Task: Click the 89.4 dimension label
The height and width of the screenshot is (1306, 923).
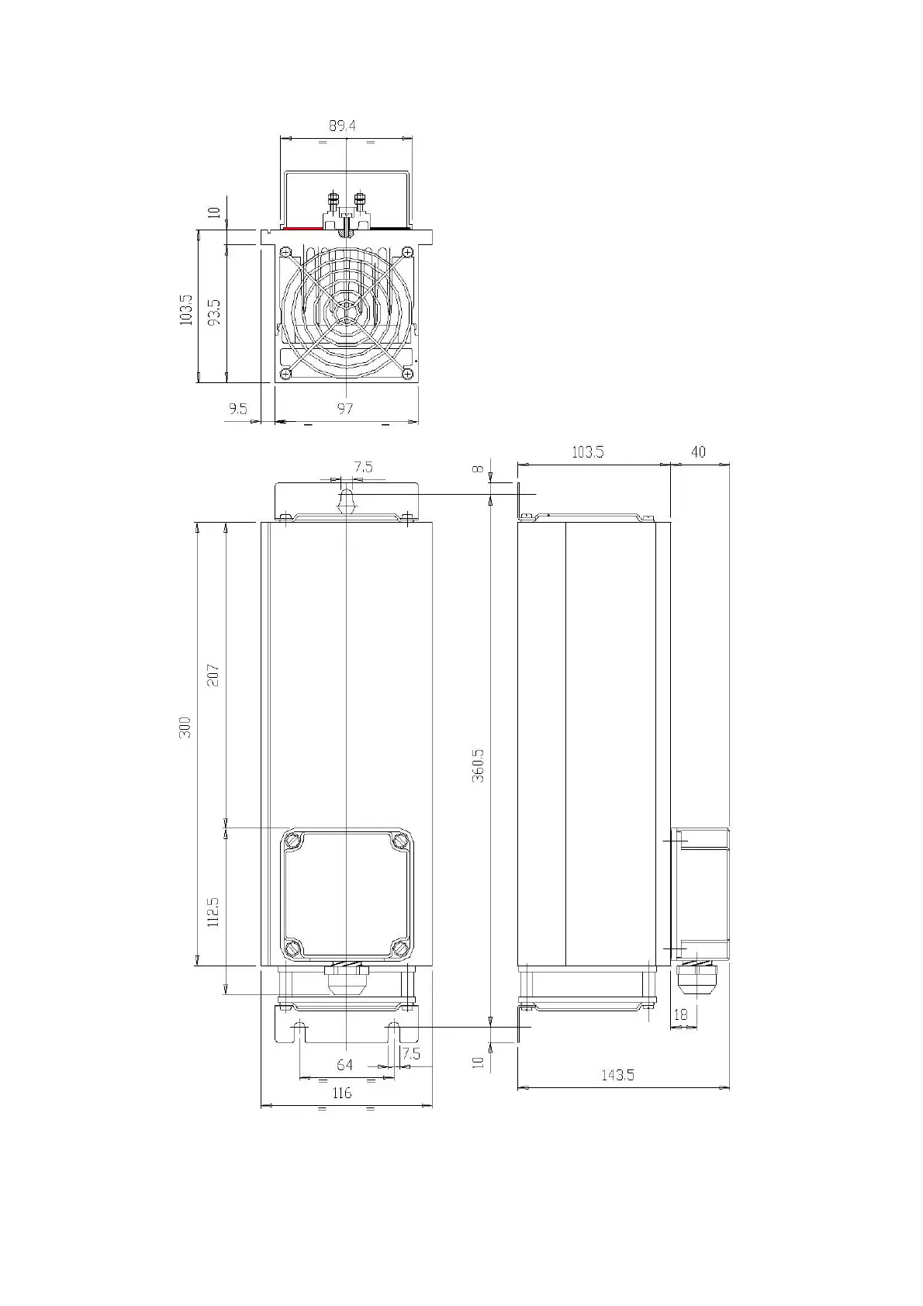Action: coord(342,126)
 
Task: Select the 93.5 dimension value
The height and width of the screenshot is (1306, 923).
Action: coord(214,312)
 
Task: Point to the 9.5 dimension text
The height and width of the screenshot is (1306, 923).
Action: coord(237,409)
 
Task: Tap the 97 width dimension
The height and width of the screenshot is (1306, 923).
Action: coord(345,409)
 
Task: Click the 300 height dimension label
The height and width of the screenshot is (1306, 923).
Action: coord(185,727)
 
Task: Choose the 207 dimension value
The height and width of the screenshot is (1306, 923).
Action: coord(213,675)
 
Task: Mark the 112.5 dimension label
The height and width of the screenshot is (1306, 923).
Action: coord(213,912)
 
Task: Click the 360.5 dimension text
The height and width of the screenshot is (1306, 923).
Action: coord(478,766)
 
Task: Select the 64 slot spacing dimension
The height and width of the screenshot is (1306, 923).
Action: coord(344,1066)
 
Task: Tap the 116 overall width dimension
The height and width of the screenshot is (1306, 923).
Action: coord(342,1093)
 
